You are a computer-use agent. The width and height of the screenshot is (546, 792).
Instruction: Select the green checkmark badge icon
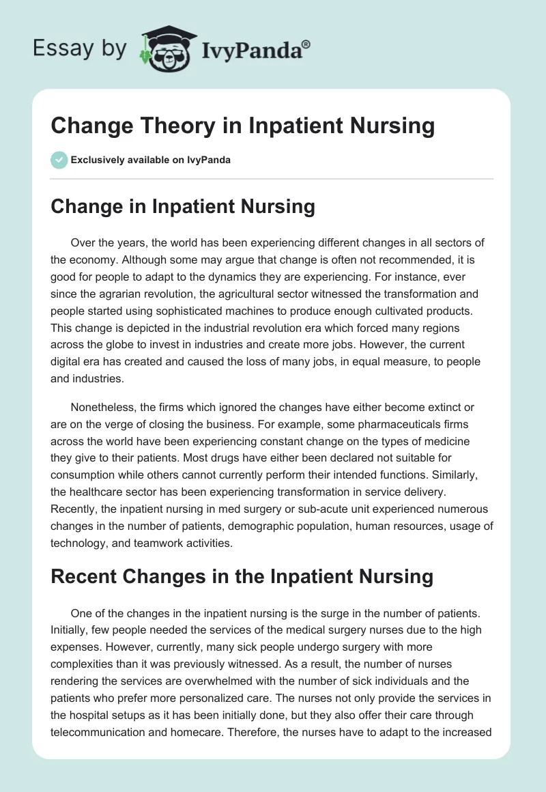coord(59,160)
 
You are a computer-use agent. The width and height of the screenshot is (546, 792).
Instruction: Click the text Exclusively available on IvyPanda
coord(151,160)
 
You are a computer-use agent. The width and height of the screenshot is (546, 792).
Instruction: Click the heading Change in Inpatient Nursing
coord(183,206)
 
